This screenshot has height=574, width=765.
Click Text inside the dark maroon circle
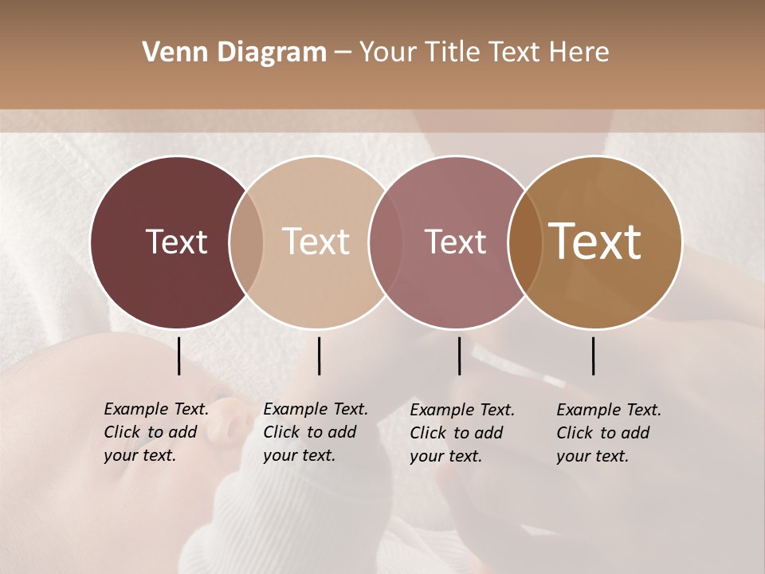pos(176,242)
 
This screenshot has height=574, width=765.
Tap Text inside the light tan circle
pos(316,242)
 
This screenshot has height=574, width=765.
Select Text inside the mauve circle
pos(456,242)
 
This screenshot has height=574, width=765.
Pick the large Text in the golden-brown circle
pos(595,242)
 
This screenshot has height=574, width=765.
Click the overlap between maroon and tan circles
pos(246,242)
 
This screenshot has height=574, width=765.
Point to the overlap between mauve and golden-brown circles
pos(525,242)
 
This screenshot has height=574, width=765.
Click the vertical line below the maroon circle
pos(179,356)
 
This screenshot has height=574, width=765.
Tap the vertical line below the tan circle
pos(319,356)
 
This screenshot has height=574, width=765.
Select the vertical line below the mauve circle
pos(459,356)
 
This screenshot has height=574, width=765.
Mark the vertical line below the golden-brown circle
pos(594,356)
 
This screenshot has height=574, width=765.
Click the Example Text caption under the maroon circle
pos(155,432)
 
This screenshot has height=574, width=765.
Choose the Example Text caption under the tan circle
pos(315,432)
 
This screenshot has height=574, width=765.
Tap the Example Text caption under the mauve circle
pos(461,432)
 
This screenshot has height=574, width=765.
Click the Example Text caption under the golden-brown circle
pos(608,432)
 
